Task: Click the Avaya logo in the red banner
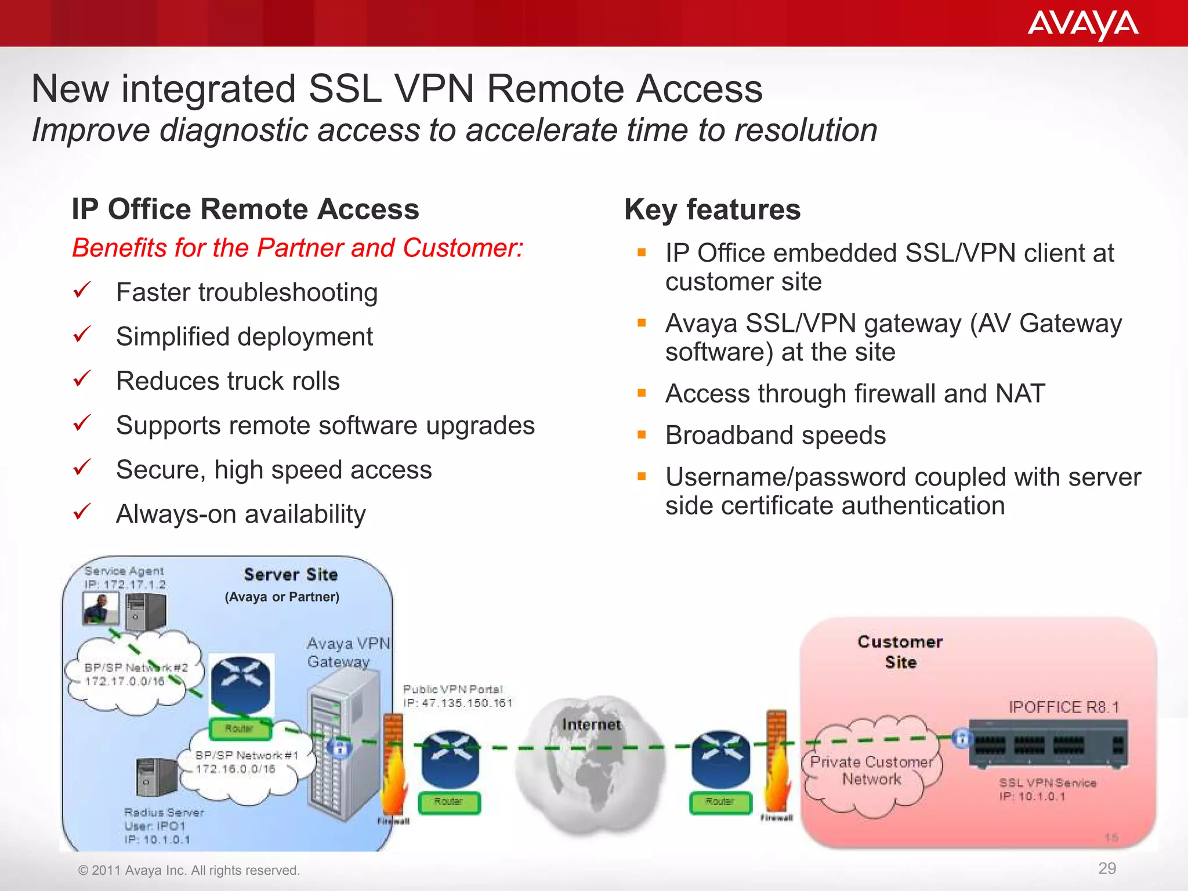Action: click(x=1082, y=25)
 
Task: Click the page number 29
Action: click(x=1107, y=868)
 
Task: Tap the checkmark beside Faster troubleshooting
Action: click(x=82, y=290)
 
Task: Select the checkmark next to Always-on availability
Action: click(x=82, y=512)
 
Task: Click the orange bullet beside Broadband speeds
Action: click(x=642, y=434)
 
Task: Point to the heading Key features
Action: click(x=712, y=209)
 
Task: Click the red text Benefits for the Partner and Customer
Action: click(x=297, y=248)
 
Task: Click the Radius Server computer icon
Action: click(x=155, y=777)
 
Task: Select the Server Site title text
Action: click(x=290, y=575)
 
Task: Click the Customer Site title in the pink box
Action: click(x=900, y=652)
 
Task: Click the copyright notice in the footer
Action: click(x=189, y=870)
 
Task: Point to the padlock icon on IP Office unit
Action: click(x=961, y=738)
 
